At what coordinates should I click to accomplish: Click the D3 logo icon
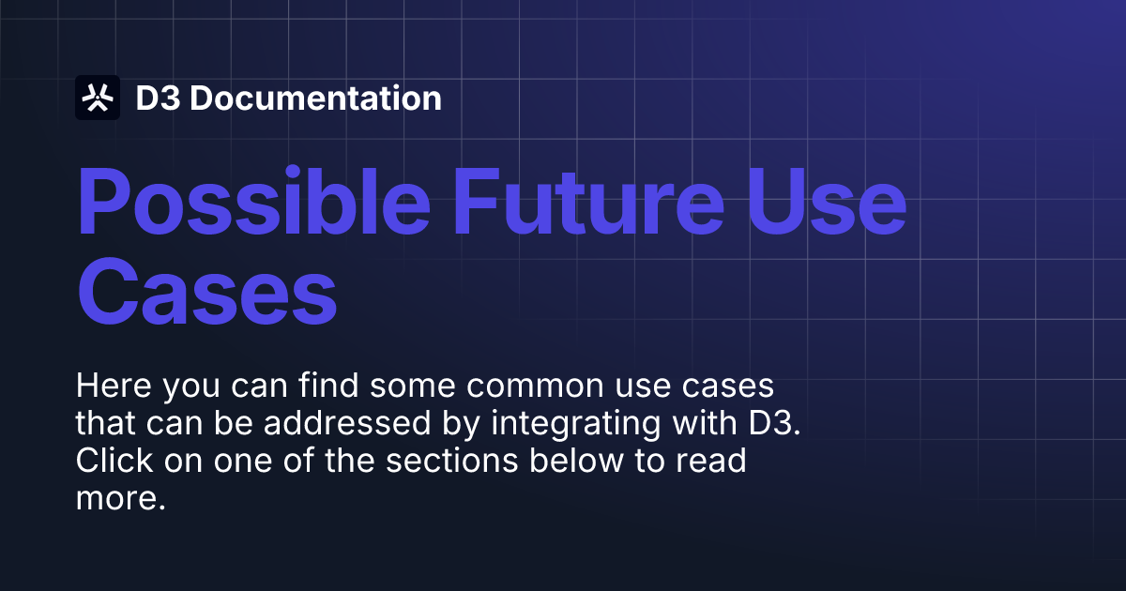[98, 98]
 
